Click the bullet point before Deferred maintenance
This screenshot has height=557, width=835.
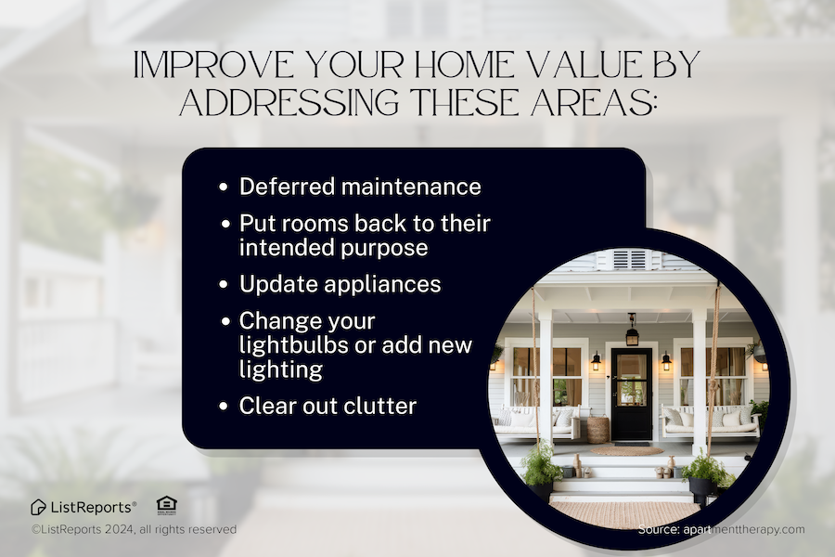[x=224, y=188]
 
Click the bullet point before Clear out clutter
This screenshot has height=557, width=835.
[x=224, y=407]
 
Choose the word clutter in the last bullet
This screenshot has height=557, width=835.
[x=362, y=406]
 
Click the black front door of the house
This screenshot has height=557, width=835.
[x=631, y=394]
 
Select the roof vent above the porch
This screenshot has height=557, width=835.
[x=632, y=259]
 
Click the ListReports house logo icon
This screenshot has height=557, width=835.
[x=38, y=507]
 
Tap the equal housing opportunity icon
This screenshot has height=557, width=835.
[x=166, y=504]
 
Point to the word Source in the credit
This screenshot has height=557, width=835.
[x=661, y=529]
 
